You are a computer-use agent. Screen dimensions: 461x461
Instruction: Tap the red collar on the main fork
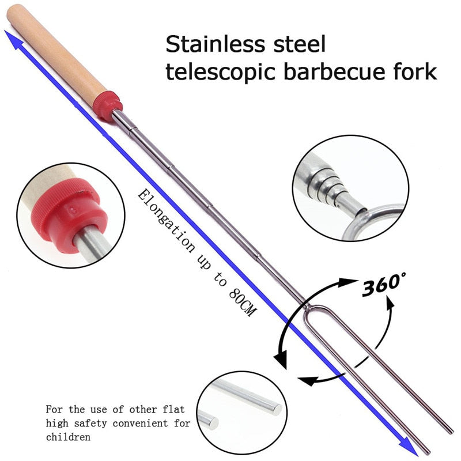coord(108,105)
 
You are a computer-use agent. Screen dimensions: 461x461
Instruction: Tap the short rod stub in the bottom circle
coord(209,420)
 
